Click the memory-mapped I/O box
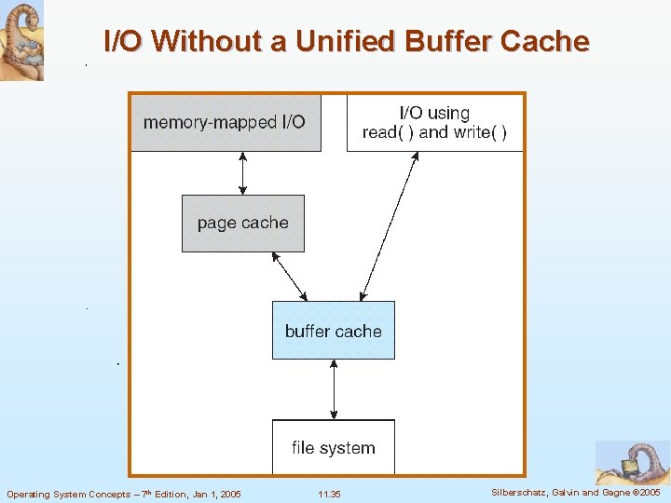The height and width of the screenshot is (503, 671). (x=225, y=122)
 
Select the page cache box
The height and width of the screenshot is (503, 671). (x=242, y=223)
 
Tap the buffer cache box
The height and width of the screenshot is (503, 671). (x=333, y=331)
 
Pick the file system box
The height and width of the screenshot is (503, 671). (x=333, y=448)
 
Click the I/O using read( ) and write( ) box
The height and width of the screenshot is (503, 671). (x=434, y=123)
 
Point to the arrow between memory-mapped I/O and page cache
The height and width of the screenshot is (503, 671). (x=243, y=173)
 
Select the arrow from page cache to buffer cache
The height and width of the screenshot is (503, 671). (x=288, y=276)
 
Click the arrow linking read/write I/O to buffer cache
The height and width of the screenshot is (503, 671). (x=390, y=227)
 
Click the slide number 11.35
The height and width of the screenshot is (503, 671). (x=330, y=494)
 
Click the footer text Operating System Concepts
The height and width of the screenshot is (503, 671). (x=65, y=494)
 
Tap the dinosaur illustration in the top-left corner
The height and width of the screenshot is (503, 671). (x=21, y=41)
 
